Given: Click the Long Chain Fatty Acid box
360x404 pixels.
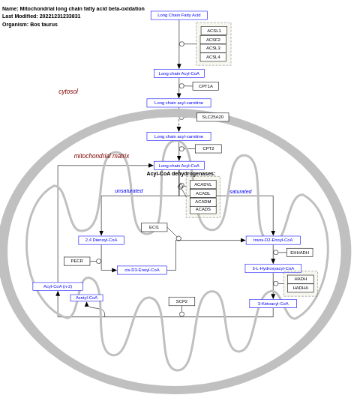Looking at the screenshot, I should click(178, 15).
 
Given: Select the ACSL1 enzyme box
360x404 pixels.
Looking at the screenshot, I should click(213, 31).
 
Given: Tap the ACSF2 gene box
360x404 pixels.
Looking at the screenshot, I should click(213, 40).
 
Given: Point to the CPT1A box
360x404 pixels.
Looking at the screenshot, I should click(205, 86).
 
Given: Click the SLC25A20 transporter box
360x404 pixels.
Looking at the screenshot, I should click(212, 117).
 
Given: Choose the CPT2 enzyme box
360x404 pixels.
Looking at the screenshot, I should click(208, 148).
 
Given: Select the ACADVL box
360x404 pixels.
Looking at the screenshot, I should click(202, 184).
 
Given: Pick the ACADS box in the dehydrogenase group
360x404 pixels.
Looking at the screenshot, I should click(202, 209).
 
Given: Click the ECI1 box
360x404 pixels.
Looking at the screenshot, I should click(154, 227).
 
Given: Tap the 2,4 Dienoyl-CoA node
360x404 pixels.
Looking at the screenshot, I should click(101, 240).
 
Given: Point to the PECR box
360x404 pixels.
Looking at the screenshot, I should click(76, 261).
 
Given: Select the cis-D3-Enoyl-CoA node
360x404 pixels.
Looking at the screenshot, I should click(142, 270).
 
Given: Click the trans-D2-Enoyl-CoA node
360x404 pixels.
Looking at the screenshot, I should click(273, 240).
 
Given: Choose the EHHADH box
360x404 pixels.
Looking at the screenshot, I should click(299, 253).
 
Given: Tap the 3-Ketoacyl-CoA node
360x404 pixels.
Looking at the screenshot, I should click(273, 304).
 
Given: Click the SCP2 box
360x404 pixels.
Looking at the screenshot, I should click(181, 301).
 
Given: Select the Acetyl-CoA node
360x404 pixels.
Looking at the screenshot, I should click(86, 298).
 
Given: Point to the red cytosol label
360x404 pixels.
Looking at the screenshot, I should click(68, 91).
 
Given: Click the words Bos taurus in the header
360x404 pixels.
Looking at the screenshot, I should click(43, 24).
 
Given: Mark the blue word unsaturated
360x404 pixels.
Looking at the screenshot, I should click(128, 191).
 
